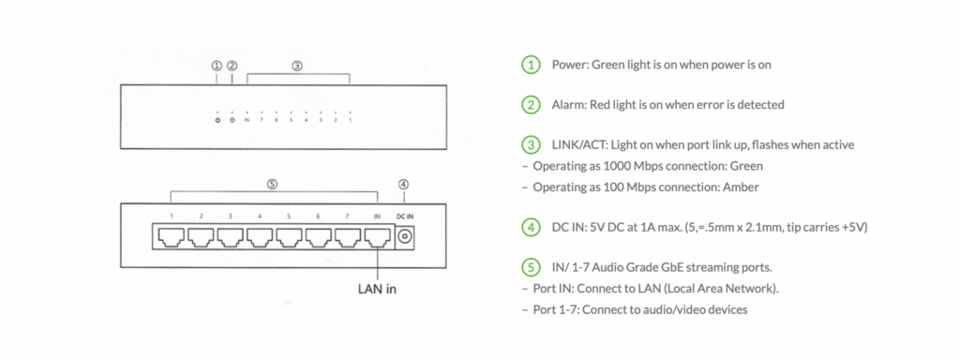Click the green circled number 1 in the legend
pos(531,65)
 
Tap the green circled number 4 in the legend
pos(531,227)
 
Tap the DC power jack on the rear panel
pos(404,236)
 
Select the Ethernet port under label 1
pos(172,236)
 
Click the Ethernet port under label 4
pos(260,236)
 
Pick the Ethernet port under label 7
pos(348,236)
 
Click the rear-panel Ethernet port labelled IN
pos(377,236)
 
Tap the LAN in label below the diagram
pos(377,289)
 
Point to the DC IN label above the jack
pos(404,217)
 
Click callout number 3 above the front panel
pos(297,66)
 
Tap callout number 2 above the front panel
pos(232,66)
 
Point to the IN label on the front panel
pos(247,121)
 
